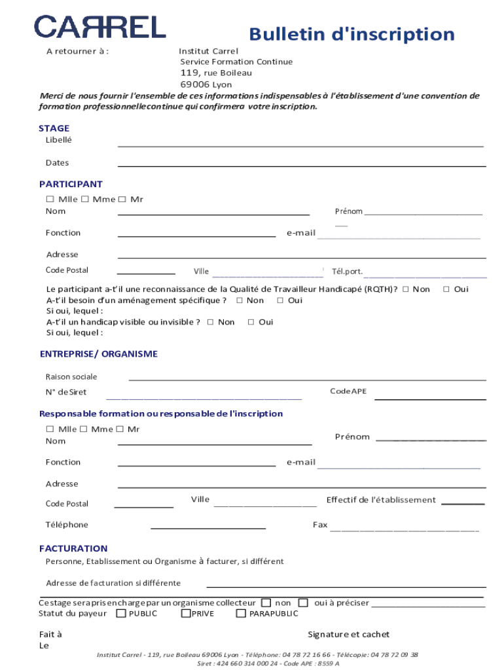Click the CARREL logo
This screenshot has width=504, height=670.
pos(100,27)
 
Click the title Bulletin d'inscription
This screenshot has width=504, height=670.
pos(351,34)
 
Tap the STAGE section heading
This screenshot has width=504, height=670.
pos(54,128)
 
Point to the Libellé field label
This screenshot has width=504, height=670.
pos(59,140)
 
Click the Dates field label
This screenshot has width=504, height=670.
pos(57,163)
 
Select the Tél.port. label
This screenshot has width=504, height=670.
pos(347,272)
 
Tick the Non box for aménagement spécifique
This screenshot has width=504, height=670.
pos(240,300)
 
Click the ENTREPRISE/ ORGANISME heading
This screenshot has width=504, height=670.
pos(98,354)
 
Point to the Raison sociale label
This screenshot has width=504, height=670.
pos(71,377)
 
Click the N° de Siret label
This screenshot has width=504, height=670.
pos(65,393)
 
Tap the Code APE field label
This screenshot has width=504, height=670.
pos(348,391)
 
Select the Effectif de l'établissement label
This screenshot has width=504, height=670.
pos(381,500)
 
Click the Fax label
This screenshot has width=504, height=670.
pos(320,525)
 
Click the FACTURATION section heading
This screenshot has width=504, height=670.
pos(73,548)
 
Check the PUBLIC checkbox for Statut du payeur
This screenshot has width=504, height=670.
pos(121,614)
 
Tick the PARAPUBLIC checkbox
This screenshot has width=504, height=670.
pos(241,614)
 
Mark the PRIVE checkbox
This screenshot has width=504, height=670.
pos(186,614)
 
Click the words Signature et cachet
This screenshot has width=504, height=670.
pos(348,635)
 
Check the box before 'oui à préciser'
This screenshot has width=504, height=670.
pos(303,603)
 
